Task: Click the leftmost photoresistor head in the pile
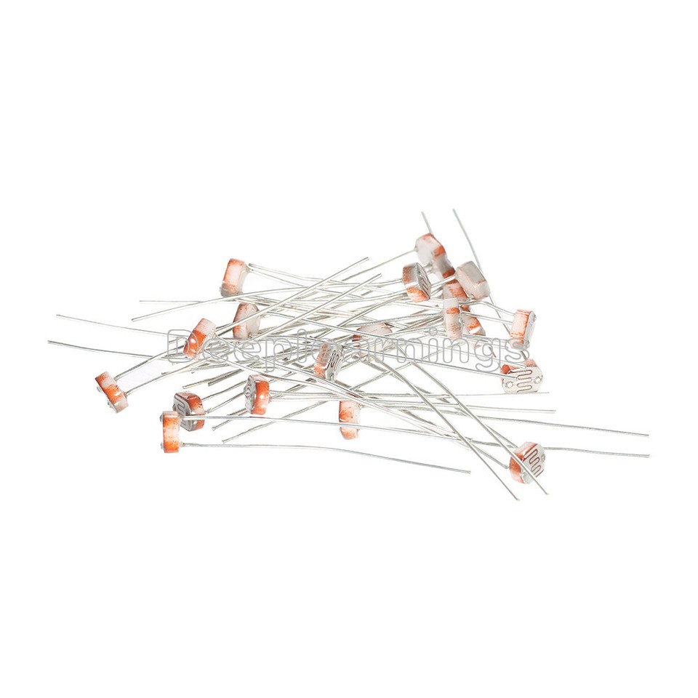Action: click(x=111, y=390)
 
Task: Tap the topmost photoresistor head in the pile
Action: click(x=430, y=248)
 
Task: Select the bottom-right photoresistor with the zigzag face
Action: click(x=527, y=461)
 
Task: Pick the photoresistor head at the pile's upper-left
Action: click(x=235, y=277)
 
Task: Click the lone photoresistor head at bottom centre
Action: click(x=349, y=420)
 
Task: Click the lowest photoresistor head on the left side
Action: click(x=171, y=429)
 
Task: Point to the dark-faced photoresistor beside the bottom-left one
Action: click(x=189, y=410)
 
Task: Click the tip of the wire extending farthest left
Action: click(x=49, y=341)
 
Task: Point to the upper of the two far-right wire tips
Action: click(x=647, y=436)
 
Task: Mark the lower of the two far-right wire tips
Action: click(x=648, y=456)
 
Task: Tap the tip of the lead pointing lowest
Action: click(x=517, y=499)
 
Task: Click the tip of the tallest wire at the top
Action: click(x=454, y=210)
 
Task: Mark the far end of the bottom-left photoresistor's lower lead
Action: click(x=470, y=472)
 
